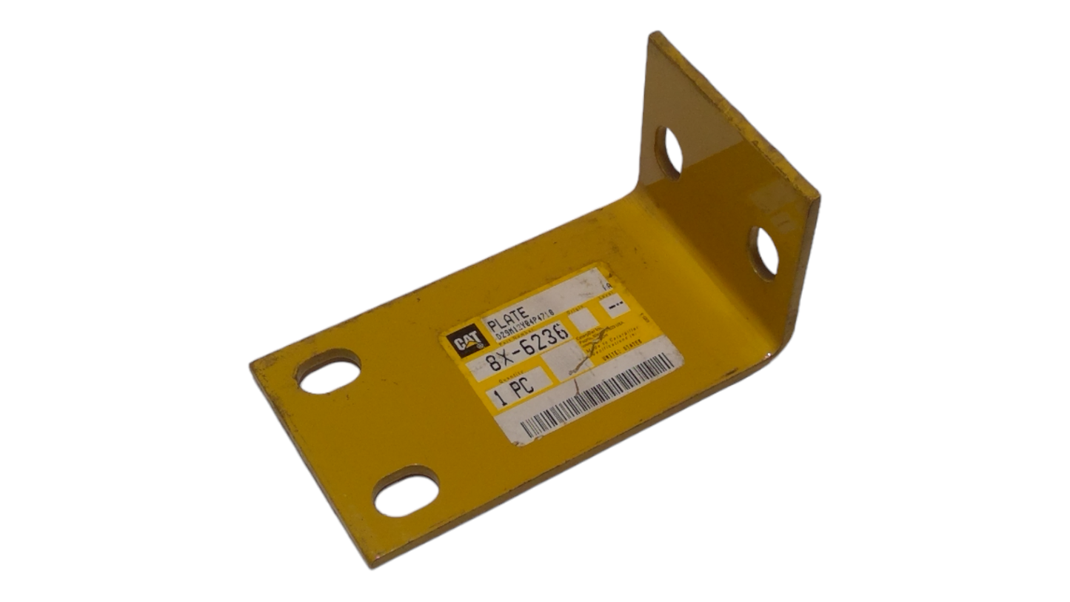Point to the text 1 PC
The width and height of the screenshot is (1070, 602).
[514, 394]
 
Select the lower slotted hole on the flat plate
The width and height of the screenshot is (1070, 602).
[406, 492]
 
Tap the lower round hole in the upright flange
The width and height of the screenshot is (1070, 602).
[764, 252]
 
